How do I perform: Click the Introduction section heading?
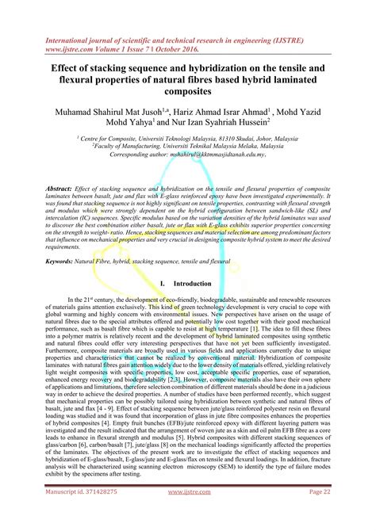193,281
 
